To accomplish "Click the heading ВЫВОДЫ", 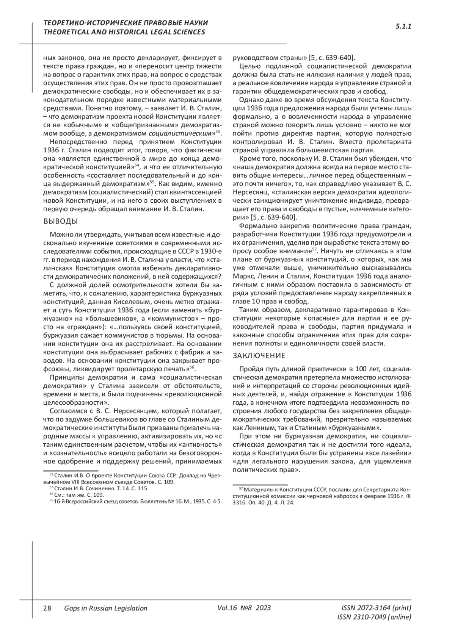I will [61, 222].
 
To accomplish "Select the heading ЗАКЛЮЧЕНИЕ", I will [259, 356].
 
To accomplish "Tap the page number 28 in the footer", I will [47, 609].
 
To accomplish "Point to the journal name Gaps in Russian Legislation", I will [106, 609].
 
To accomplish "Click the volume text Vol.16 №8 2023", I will [244, 608].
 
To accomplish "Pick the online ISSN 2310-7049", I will [374, 617].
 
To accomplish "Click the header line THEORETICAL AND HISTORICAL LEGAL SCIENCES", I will [124, 32].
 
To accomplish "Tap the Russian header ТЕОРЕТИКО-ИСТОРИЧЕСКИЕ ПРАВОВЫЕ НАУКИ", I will [126, 23].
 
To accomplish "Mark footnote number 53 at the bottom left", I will [52, 474].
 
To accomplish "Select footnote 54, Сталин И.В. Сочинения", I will [101, 488].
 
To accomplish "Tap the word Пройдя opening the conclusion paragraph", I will [250, 369].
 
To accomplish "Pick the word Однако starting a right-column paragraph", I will [251, 100].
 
